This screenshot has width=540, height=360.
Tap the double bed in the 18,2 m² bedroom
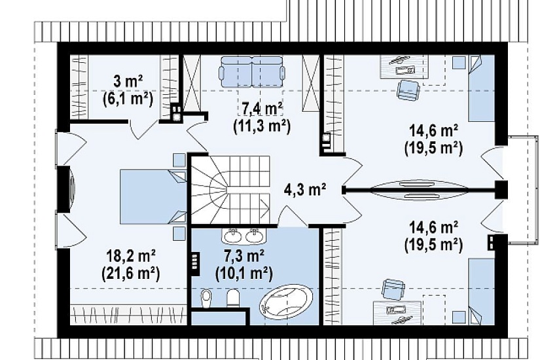[x=153, y=196]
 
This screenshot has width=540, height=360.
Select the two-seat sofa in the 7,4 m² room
[x=252, y=71]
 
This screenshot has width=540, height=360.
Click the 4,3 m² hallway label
[x=305, y=189]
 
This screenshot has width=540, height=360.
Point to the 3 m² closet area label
[x=128, y=82]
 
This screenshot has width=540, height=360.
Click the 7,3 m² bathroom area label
[x=244, y=256]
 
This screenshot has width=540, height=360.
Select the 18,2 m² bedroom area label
[x=132, y=256]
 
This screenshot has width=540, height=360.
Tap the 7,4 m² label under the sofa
[x=262, y=109]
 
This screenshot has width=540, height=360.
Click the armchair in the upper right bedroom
[x=408, y=90]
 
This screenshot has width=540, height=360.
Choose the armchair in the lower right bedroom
[x=393, y=289]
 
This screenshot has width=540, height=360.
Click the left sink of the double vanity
[x=234, y=236]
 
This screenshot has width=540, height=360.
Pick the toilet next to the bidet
[x=234, y=298]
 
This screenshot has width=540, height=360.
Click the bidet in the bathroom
[x=206, y=298]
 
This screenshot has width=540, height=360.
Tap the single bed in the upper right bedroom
[x=481, y=88]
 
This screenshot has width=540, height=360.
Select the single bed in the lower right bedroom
[x=481, y=291]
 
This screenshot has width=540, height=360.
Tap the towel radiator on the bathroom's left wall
[x=195, y=261]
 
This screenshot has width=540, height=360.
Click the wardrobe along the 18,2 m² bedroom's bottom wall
[x=128, y=315]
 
